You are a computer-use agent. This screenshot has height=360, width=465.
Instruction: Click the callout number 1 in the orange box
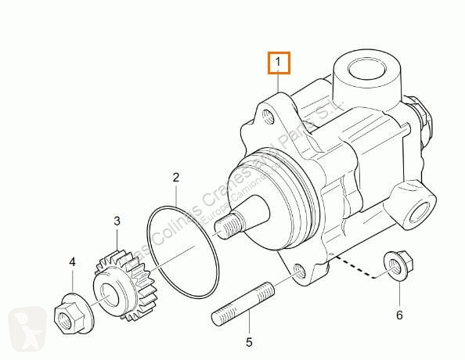click(279, 61)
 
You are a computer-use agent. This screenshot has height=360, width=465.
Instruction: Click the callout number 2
click(176, 178)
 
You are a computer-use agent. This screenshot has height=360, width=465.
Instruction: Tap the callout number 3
click(117, 222)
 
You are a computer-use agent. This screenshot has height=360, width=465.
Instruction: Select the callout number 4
click(72, 262)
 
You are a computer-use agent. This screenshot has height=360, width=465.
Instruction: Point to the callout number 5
click(250, 341)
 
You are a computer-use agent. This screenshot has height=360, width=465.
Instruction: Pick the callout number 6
click(399, 293)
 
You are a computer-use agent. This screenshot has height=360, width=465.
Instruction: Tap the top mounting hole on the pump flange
click(270, 117)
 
